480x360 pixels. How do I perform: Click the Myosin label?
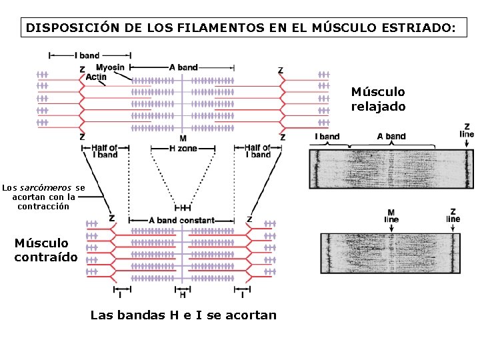click(x=109, y=67)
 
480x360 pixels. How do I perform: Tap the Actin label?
click(x=96, y=77)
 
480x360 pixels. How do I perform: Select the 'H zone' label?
click(x=183, y=148)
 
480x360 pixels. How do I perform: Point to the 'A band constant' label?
click(x=181, y=220)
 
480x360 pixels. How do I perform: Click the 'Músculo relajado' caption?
click(x=378, y=99)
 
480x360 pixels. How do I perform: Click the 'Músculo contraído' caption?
click(x=46, y=250)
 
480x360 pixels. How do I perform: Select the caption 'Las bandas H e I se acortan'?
click(x=183, y=315)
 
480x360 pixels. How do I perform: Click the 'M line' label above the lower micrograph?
click(x=391, y=215)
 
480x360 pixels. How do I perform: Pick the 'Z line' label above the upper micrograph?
click(x=467, y=130)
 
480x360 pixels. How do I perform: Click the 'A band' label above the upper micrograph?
click(x=391, y=137)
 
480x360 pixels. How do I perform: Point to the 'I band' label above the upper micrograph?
click(x=327, y=137)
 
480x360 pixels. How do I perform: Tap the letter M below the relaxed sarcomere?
click(x=183, y=137)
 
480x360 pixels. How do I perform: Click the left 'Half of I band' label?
click(x=104, y=151)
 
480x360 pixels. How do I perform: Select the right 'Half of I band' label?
click(x=257, y=151)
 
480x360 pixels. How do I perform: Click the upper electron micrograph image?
click(x=391, y=169)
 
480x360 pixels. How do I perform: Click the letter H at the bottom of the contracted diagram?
click(x=183, y=295)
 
